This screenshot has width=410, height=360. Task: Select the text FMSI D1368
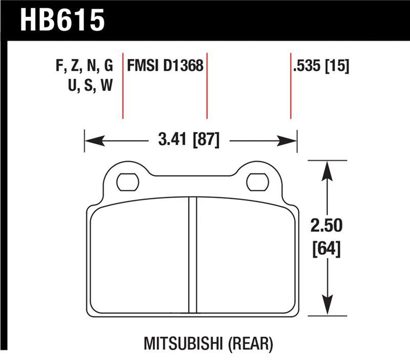[165, 66]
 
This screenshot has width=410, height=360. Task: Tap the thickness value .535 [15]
[321, 66]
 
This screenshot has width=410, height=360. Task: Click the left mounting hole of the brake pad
[127, 182]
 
